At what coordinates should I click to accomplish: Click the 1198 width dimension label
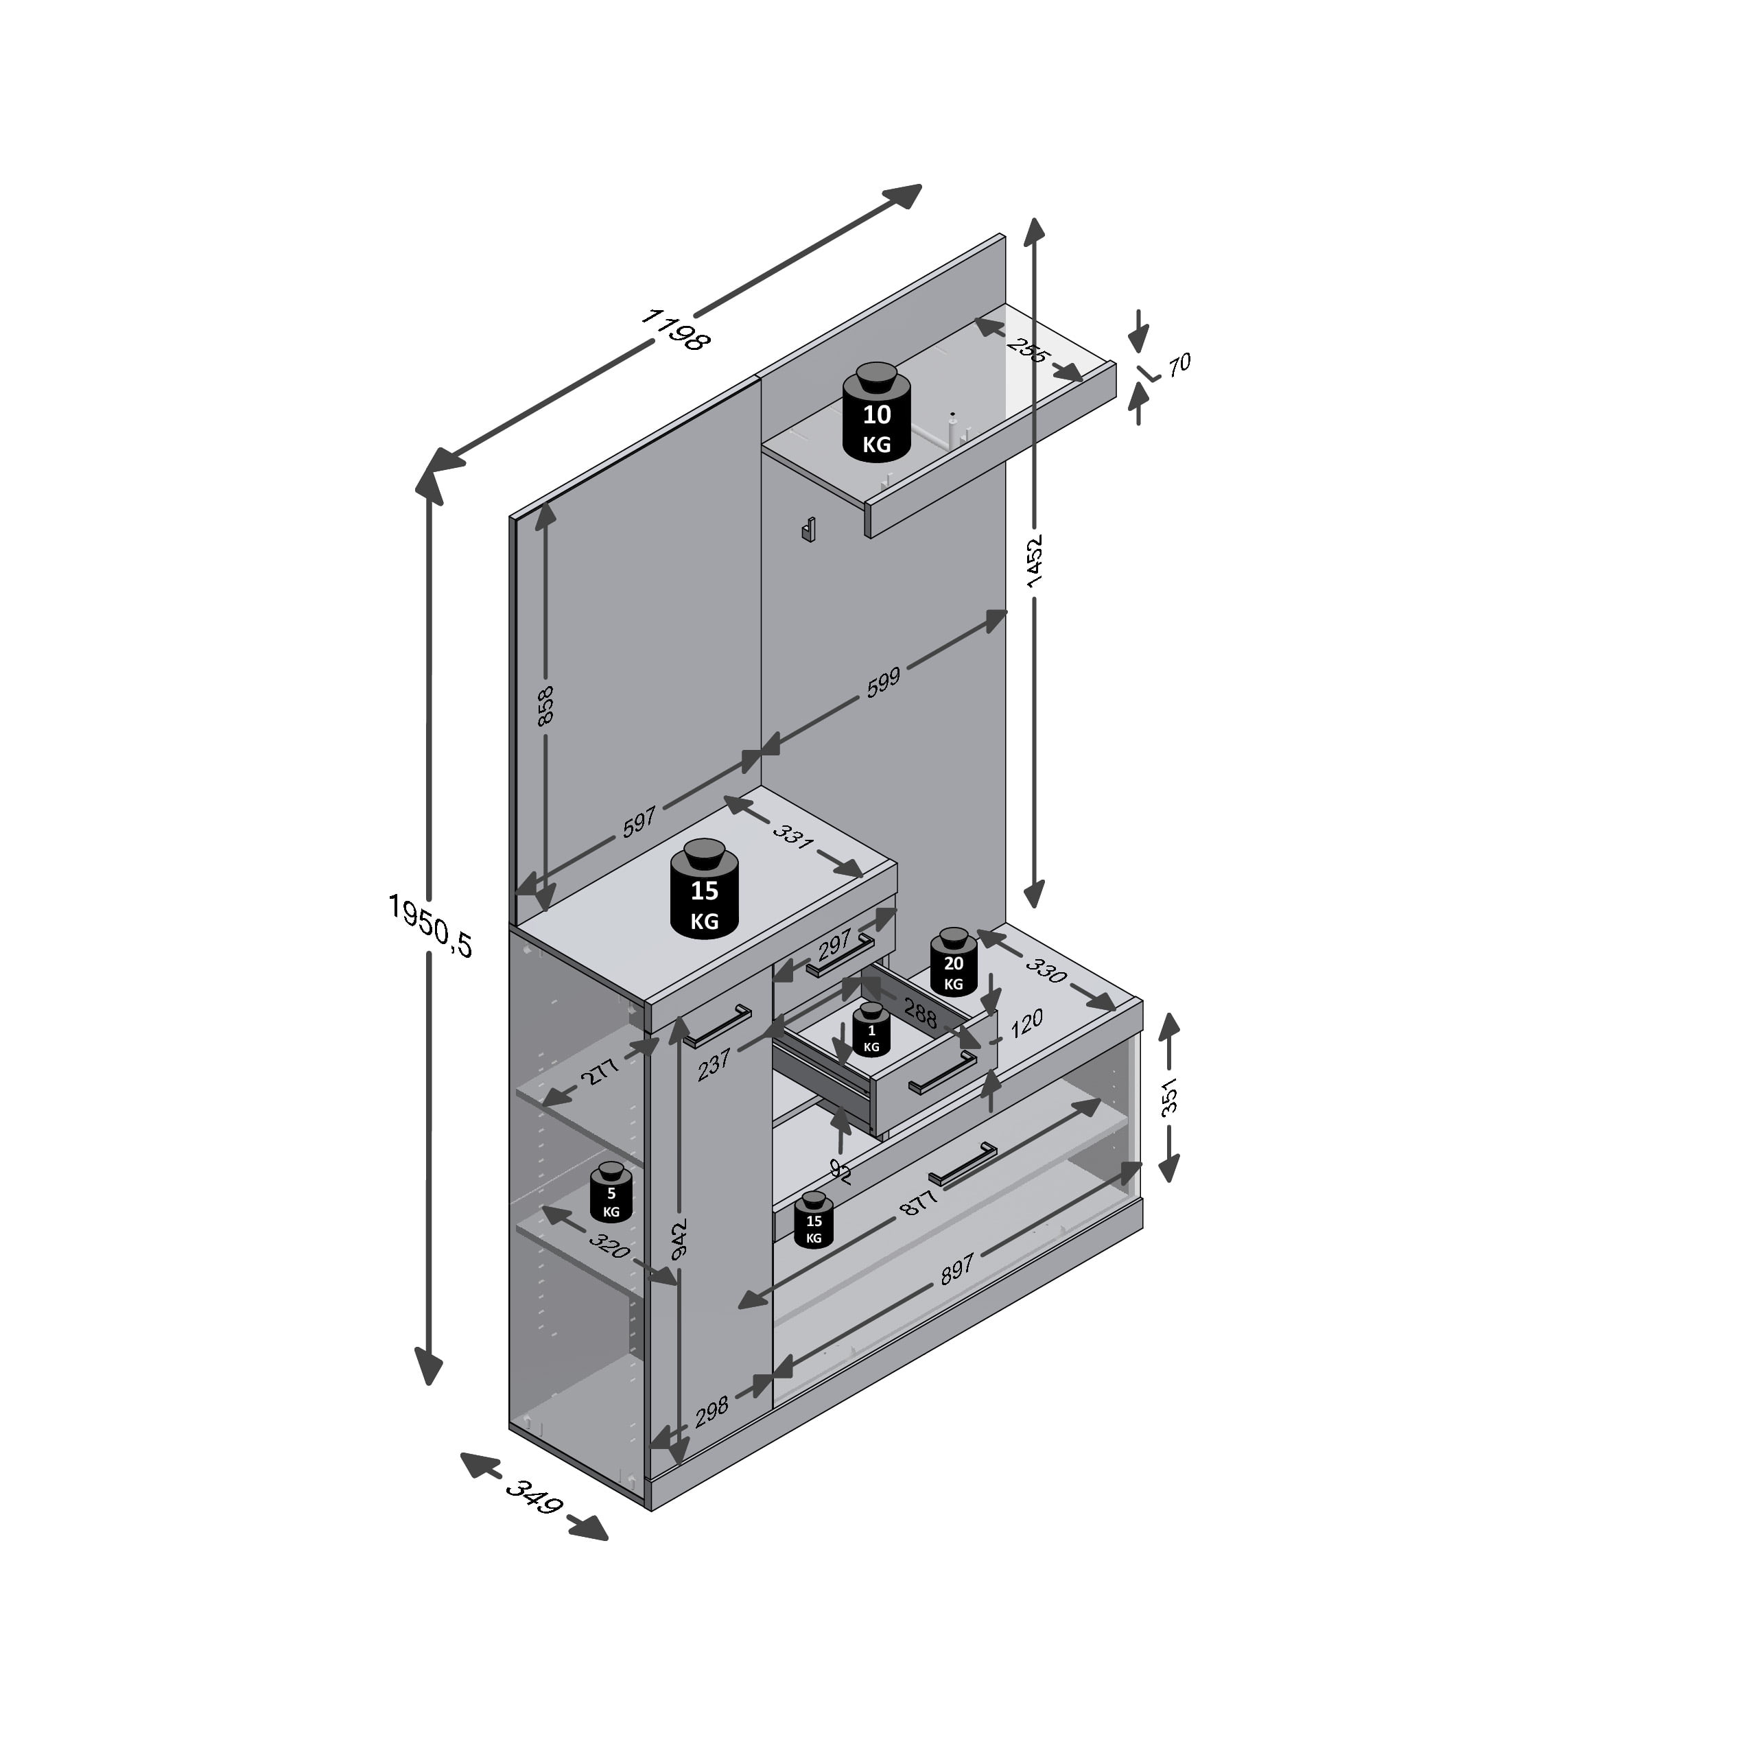pos(676,329)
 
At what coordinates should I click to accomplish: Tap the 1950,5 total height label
pos(430,925)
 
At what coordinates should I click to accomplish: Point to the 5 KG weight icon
pos(611,1192)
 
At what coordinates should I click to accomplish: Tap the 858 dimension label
pos(545,705)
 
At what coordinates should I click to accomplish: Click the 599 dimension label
pos(883,682)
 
